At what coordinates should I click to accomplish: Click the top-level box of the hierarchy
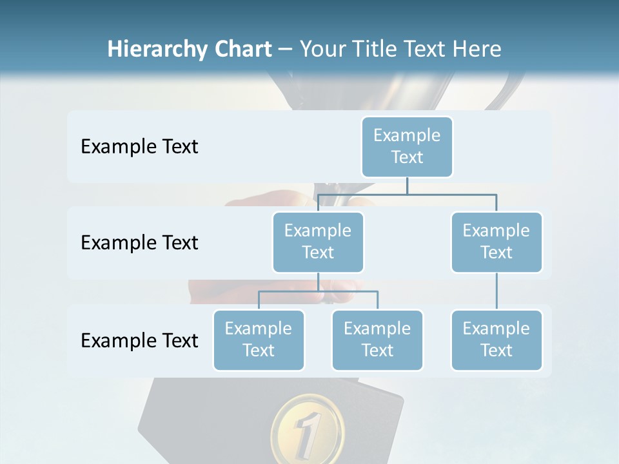[x=407, y=146]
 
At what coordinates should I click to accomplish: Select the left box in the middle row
[x=318, y=242]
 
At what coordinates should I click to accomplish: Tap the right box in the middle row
[x=496, y=242]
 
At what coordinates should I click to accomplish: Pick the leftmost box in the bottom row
[x=259, y=340]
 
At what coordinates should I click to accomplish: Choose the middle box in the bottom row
[x=377, y=340]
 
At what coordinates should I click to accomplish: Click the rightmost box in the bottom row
[x=496, y=340]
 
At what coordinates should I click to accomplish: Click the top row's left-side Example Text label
[x=139, y=147]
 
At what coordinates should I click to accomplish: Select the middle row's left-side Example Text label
[x=139, y=243]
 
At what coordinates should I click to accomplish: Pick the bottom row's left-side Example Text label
[x=139, y=341]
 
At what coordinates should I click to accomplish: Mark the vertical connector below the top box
[x=407, y=186]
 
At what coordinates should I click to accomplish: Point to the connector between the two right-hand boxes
[x=496, y=291]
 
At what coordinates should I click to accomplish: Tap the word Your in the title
[x=322, y=50]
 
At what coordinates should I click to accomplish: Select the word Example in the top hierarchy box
[x=407, y=135]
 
